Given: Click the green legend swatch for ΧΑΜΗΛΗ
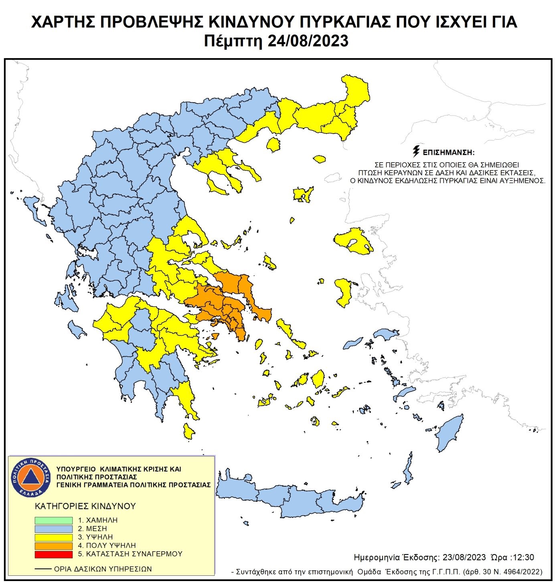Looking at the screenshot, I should pos(53,520).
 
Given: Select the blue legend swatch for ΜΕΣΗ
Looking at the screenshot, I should pos(53,529).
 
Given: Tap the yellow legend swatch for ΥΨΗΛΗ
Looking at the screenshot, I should pos(53,537).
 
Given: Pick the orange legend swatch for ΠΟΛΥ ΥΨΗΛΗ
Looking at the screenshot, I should pos(53,546).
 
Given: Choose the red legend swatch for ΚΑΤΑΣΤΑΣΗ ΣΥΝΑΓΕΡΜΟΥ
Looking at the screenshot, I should pos(53,554).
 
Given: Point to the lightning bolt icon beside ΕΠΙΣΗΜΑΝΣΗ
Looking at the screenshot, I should pos(416,151).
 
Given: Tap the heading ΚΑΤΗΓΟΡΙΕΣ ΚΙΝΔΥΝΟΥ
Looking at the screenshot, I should pos(85,506).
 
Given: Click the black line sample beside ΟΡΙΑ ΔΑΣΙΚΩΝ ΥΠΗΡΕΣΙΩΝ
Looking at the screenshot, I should pos(43,569).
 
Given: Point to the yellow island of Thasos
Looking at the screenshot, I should pos(273,144).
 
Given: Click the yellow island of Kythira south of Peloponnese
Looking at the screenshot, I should pos(188,431).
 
